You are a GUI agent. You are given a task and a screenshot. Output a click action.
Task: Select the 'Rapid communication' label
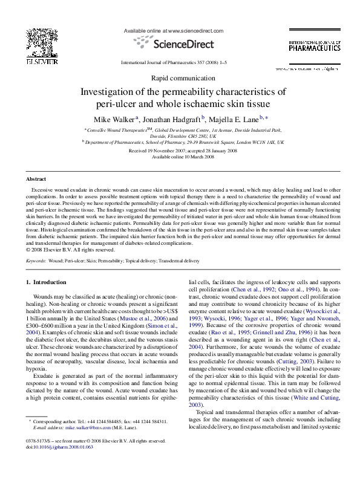tap(180, 78)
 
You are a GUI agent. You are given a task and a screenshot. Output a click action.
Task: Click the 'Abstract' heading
tap(36, 180)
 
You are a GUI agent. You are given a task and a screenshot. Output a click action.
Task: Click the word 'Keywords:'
tap(37, 261)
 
